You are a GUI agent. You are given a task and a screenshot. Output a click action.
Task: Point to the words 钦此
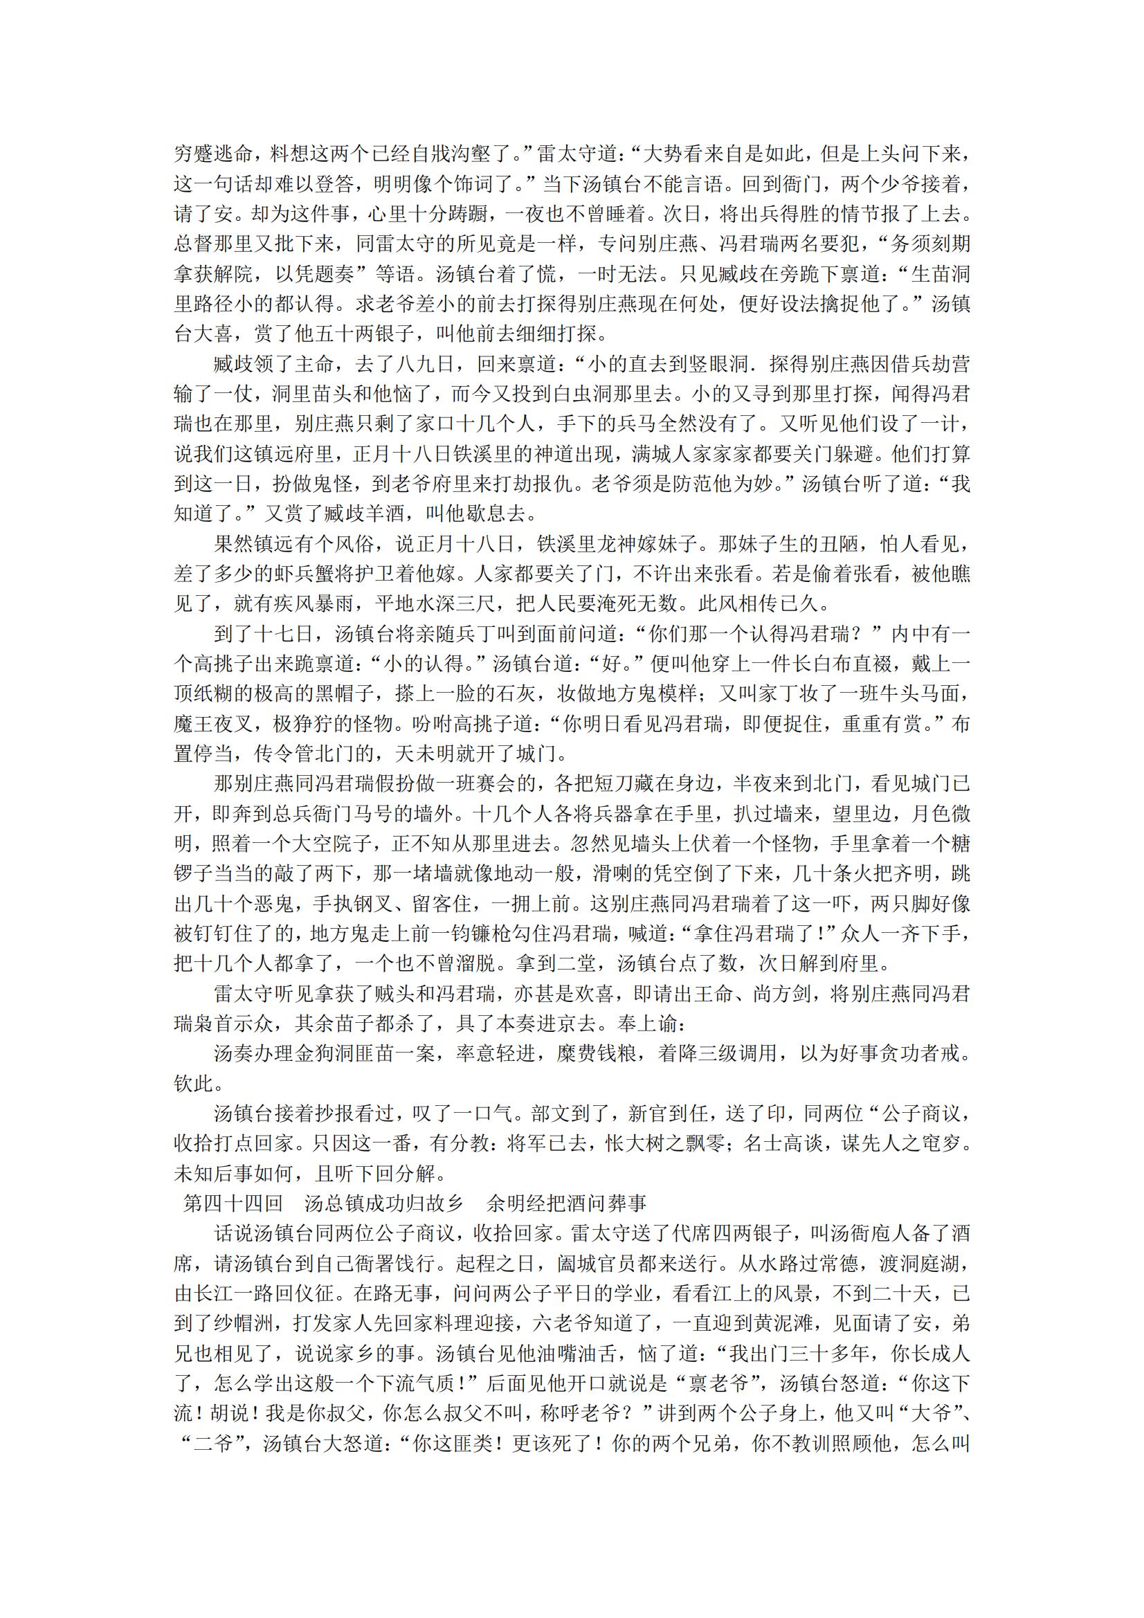coord(194,1083)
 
